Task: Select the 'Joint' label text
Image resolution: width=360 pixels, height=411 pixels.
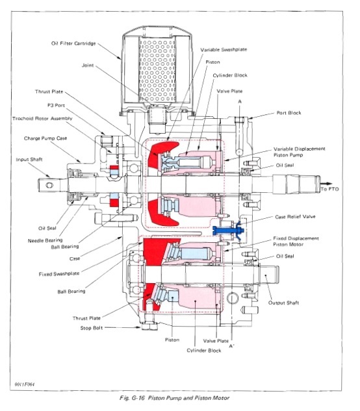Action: click(x=89, y=65)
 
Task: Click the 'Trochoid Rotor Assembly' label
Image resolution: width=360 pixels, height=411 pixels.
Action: click(x=41, y=119)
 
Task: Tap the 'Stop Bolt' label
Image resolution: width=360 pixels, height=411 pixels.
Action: click(x=90, y=328)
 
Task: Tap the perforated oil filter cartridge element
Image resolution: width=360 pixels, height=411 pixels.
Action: click(x=155, y=65)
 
